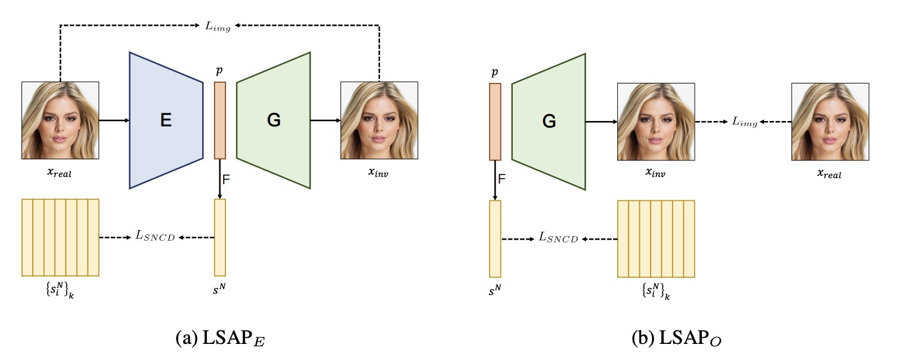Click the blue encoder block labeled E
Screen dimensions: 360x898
166,120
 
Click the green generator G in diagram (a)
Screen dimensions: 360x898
274,120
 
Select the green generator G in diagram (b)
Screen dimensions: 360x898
549,121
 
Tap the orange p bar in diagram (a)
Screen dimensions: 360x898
220,120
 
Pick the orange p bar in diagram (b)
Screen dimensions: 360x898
495,122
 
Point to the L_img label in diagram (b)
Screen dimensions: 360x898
745,122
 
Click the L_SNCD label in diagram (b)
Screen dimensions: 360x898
558,238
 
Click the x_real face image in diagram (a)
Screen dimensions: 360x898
60,120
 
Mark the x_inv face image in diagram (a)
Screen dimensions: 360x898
379,120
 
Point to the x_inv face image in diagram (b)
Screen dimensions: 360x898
655,122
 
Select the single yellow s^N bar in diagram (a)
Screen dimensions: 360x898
220,237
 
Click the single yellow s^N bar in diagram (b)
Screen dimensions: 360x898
495,238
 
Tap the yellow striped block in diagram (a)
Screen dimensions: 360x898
60,237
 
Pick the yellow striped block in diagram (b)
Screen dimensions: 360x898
656,238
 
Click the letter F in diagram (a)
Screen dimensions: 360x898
226,179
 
